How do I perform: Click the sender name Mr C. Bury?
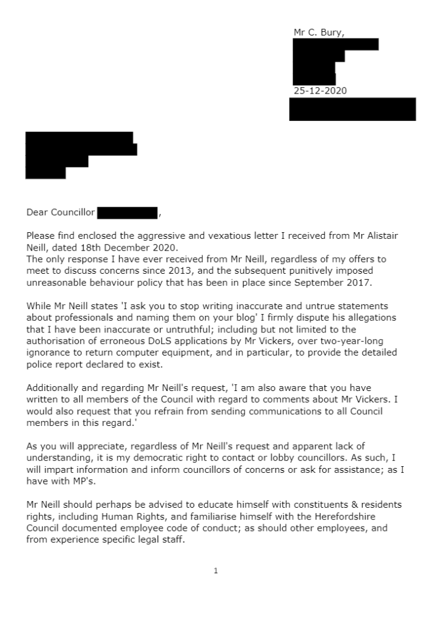[x=318, y=33]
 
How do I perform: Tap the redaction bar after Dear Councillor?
[x=128, y=213]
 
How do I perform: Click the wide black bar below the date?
[x=352, y=109]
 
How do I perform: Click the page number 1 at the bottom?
[x=216, y=571]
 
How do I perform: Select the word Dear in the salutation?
[x=37, y=213]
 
